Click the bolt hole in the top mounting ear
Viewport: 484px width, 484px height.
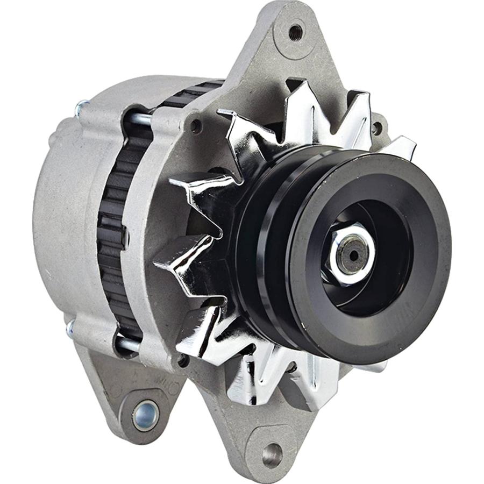pos(295,32)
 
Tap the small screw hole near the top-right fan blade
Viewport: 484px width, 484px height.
pos(377,129)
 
